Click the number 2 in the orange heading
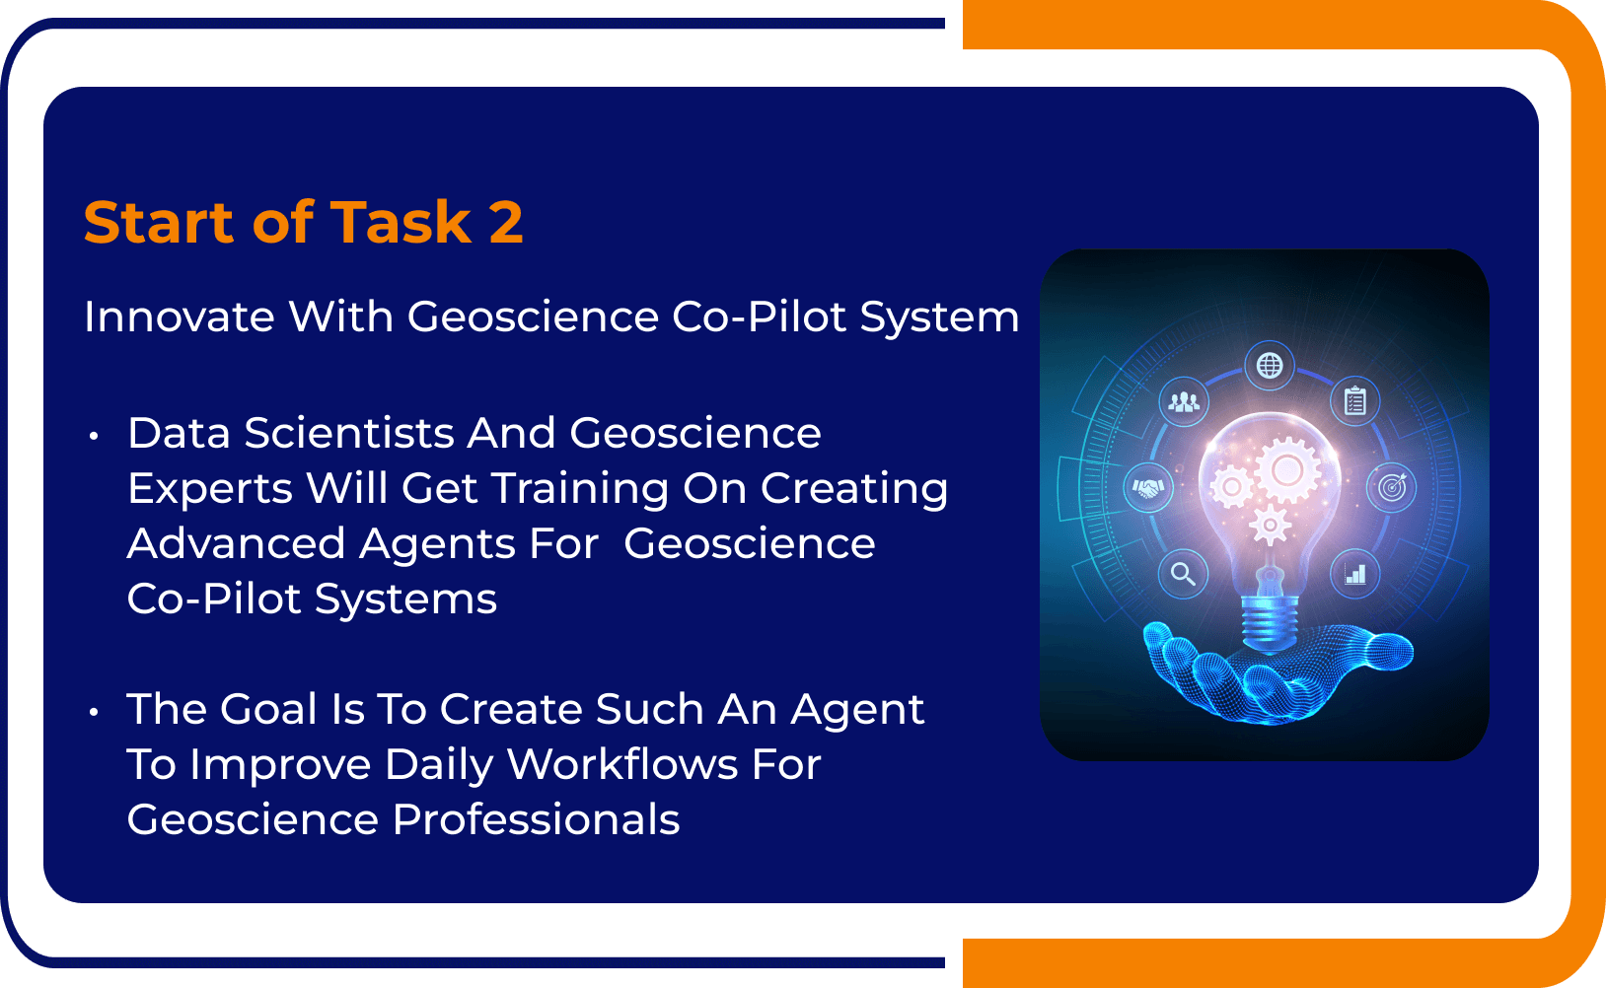(x=506, y=222)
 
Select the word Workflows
(x=622, y=764)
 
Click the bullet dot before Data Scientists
(x=94, y=435)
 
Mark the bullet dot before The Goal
(x=94, y=711)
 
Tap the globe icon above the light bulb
(x=1270, y=366)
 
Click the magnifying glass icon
(x=1183, y=573)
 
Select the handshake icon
(x=1148, y=487)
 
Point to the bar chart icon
(x=1355, y=573)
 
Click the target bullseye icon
(x=1391, y=487)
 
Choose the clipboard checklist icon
(x=1355, y=401)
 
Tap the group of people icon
(x=1184, y=401)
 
